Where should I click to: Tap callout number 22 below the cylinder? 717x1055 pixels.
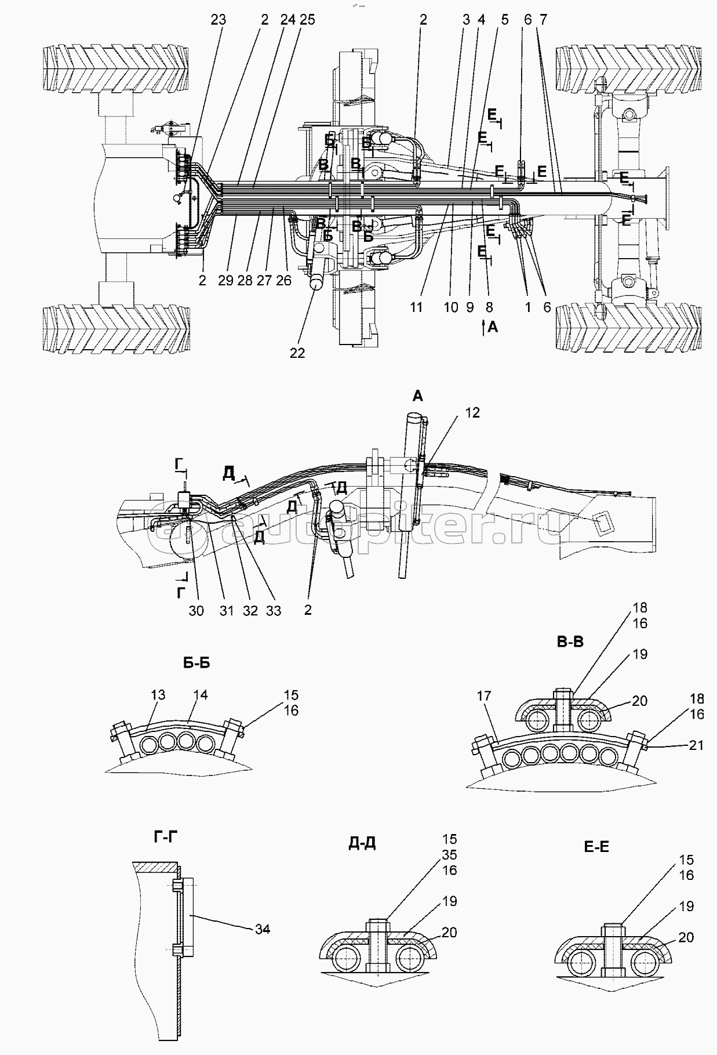297,352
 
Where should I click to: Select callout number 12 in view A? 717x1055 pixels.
472,412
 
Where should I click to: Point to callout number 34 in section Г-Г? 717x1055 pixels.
263,929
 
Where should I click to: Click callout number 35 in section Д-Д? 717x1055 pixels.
449,854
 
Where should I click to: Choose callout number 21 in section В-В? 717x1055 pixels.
696,745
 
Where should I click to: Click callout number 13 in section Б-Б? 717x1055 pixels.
157,694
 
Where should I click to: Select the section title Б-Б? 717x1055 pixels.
196,662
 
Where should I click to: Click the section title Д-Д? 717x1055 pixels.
362,843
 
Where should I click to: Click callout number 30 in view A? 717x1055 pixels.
196,611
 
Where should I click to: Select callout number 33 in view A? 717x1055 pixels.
273,611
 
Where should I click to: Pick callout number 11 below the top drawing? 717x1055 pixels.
417,307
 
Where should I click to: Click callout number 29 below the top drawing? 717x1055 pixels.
225,281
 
